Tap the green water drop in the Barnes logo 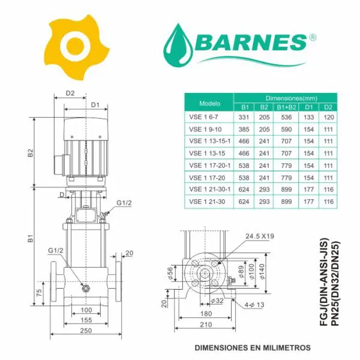tap(178, 45)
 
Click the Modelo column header tap(209, 103)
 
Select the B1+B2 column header tap(286, 107)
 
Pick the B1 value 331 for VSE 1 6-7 tap(244, 118)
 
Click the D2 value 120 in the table tap(329, 118)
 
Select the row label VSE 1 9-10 tap(205, 130)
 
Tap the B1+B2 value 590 tap(286, 130)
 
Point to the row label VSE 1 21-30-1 tap(210, 190)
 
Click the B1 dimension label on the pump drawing tap(31, 238)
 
